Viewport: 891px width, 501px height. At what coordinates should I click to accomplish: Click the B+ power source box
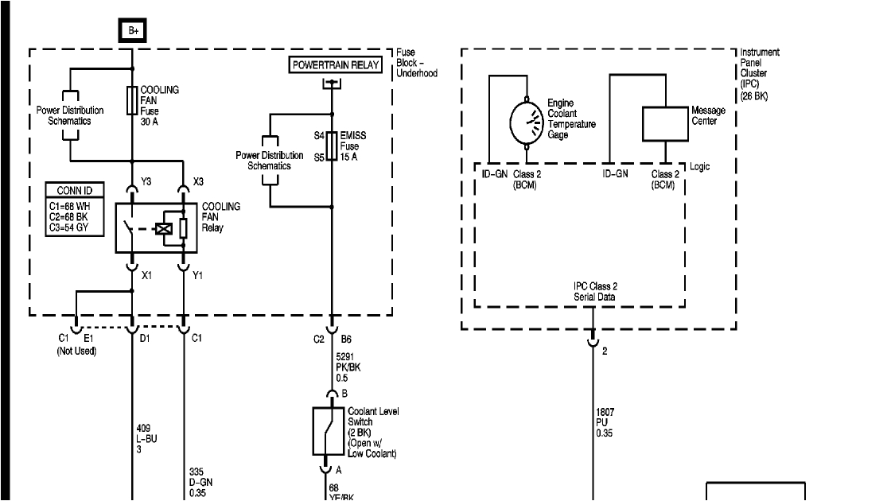pos(132,31)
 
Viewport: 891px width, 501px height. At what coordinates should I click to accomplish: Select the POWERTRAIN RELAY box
pos(335,64)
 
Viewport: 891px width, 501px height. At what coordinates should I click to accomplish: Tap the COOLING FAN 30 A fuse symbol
pos(132,101)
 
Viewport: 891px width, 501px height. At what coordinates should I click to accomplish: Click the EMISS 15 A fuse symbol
pos(331,146)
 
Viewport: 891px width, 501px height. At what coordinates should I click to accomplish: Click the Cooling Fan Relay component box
pos(157,228)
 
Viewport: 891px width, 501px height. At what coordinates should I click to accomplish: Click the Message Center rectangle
pos(664,124)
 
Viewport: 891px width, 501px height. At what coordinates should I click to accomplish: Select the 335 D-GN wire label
pos(201,482)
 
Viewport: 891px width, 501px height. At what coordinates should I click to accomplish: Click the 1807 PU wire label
pos(606,422)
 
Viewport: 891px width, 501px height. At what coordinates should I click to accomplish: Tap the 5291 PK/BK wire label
pos(348,368)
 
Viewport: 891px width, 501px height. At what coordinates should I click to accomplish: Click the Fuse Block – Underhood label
pos(417,63)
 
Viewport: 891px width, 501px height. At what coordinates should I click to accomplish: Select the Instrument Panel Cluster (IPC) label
pos(759,74)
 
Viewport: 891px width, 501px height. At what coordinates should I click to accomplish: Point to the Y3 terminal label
pos(146,181)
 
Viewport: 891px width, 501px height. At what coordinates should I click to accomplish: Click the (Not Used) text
pos(76,351)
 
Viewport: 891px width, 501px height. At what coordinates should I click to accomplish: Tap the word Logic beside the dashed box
pos(700,167)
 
